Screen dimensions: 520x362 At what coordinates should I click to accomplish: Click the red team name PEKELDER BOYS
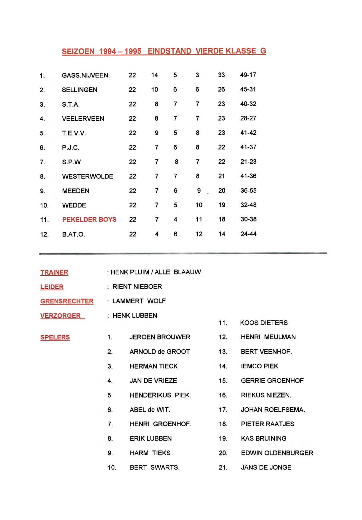[x=89, y=219]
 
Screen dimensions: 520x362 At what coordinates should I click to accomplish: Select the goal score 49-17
[x=248, y=75]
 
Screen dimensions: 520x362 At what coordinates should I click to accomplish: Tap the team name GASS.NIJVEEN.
[x=86, y=75]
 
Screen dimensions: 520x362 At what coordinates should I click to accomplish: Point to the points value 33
[x=221, y=75]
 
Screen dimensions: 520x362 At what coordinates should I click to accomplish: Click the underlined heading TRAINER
[x=54, y=272]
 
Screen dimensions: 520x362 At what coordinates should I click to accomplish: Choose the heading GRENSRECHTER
[x=67, y=301]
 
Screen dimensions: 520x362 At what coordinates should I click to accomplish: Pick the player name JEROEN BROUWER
[x=160, y=337]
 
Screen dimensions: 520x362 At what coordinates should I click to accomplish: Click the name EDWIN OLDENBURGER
[x=277, y=453]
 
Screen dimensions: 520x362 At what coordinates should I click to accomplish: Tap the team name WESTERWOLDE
[x=88, y=176]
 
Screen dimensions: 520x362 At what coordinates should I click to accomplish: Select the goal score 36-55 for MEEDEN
[x=248, y=191]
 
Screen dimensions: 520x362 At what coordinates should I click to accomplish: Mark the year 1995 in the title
[x=133, y=51]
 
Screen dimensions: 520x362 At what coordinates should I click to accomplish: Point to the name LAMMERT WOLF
[x=139, y=301]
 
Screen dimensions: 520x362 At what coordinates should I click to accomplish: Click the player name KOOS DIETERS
[x=264, y=323]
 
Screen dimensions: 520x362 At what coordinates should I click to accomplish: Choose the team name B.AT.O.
[x=73, y=234]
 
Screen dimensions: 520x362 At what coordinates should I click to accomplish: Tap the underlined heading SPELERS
[x=55, y=337]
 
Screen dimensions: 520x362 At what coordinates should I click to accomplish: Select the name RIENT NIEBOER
[x=137, y=286]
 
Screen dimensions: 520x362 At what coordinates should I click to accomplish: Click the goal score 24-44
[x=248, y=234]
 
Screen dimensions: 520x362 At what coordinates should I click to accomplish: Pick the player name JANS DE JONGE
[x=266, y=467]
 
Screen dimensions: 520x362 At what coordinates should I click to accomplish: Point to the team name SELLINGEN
[x=79, y=90]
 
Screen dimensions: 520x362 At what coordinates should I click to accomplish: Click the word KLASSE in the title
[x=241, y=51]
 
